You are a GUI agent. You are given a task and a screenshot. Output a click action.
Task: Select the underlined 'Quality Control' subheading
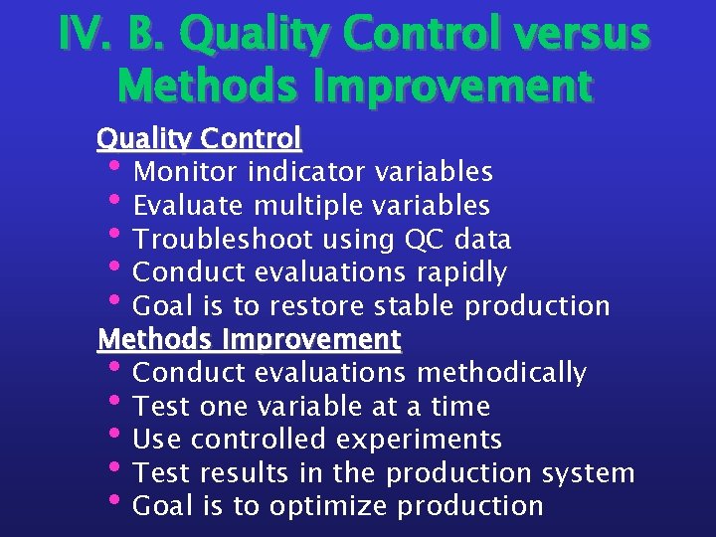[x=199, y=137]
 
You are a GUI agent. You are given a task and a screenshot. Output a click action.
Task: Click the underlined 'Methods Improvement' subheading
[x=249, y=339]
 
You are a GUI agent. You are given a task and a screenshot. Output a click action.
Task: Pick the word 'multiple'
[x=308, y=206]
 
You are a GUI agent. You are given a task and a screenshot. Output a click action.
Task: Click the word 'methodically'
[x=501, y=373]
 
